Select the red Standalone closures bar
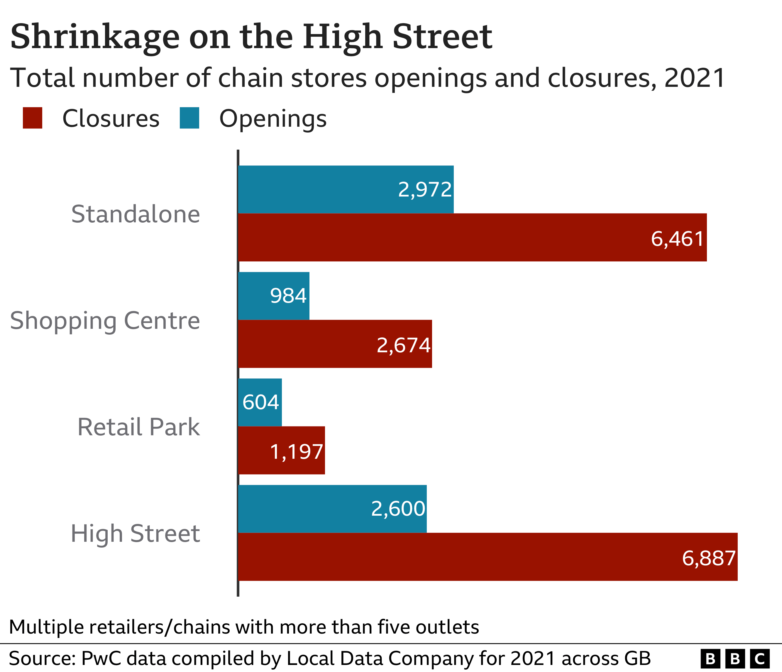tap(472, 237)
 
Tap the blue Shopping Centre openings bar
tap(274, 296)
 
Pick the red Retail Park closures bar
tap(281, 450)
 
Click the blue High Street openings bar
tap(332, 509)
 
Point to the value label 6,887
tap(708, 558)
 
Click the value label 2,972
tap(425, 189)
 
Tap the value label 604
tap(260, 402)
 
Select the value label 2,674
tap(403, 345)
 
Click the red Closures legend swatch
tap(33, 118)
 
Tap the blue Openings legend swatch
tap(189, 118)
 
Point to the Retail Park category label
tap(138, 427)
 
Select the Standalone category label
tap(136, 214)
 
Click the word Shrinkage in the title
tap(95, 37)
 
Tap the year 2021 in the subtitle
tap(694, 78)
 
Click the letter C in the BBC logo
tap(759, 659)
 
